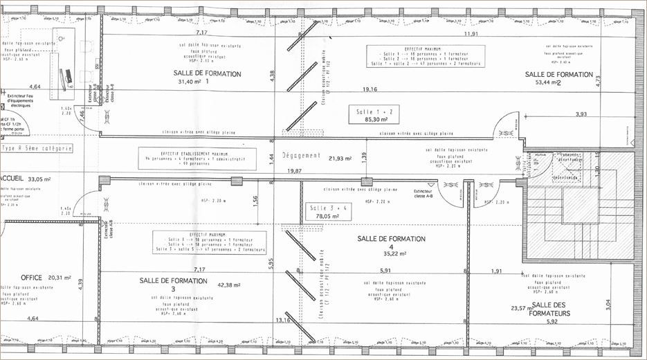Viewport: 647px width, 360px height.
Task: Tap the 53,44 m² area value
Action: (545, 82)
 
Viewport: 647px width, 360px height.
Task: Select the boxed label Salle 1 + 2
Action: (374, 111)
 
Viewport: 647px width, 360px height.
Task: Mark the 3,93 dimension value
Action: (581, 114)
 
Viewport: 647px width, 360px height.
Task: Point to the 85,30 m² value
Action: (374, 120)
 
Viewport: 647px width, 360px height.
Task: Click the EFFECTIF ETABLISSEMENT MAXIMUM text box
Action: (197, 158)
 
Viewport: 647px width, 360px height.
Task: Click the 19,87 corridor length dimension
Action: (295, 171)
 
